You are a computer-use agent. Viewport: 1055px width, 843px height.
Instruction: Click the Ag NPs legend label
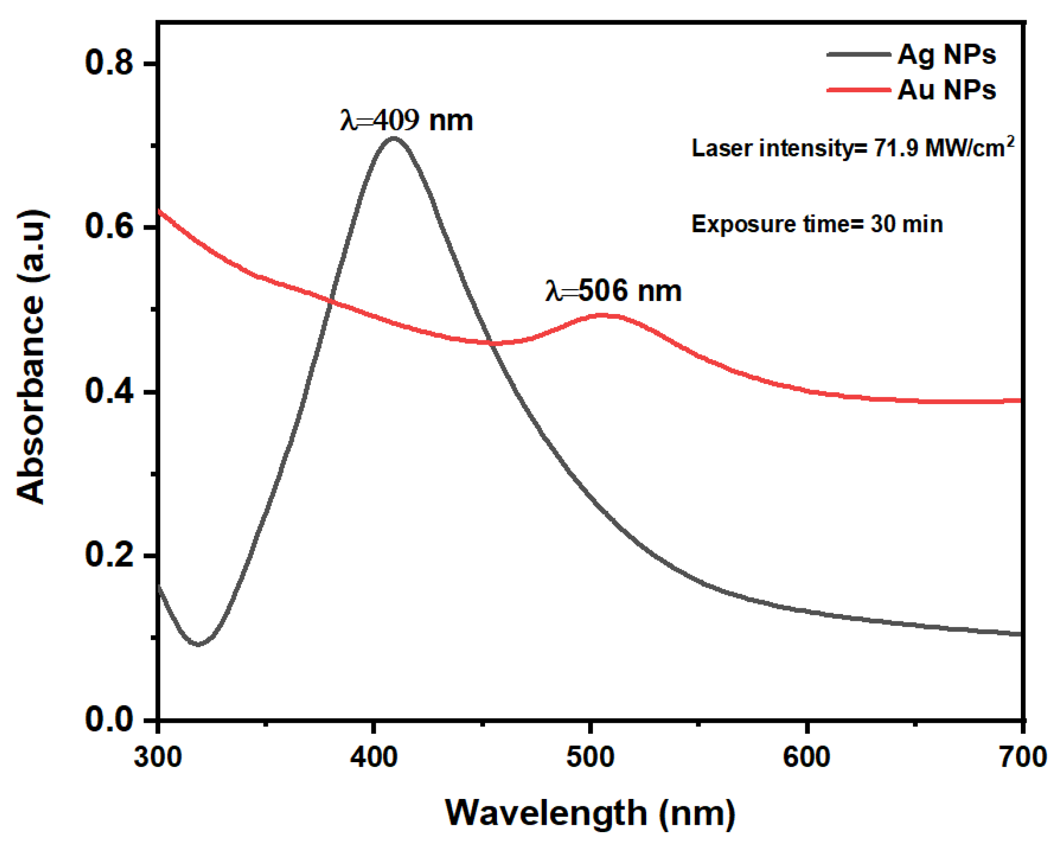click(946, 54)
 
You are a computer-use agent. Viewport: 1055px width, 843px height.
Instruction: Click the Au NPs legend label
click(946, 90)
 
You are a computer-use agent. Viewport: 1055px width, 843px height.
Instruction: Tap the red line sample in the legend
click(858, 90)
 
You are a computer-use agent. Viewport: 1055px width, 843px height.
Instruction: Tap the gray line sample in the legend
click(858, 54)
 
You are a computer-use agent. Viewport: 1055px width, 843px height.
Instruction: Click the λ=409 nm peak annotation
click(407, 120)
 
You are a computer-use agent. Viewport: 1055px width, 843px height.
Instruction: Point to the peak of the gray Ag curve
click(394, 138)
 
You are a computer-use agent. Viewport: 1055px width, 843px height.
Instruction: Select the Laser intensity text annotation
click(852, 148)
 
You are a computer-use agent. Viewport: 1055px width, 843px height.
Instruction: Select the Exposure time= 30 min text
click(817, 224)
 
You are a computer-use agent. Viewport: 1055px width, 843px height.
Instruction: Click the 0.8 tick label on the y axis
click(109, 63)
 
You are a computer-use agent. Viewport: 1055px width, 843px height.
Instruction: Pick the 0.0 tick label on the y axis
click(109, 719)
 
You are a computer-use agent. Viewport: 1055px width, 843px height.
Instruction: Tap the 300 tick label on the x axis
click(158, 757)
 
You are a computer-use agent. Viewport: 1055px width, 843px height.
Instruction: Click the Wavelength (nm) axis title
click(590, 812)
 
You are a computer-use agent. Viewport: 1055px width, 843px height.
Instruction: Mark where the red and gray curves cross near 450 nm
click(490, 342)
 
